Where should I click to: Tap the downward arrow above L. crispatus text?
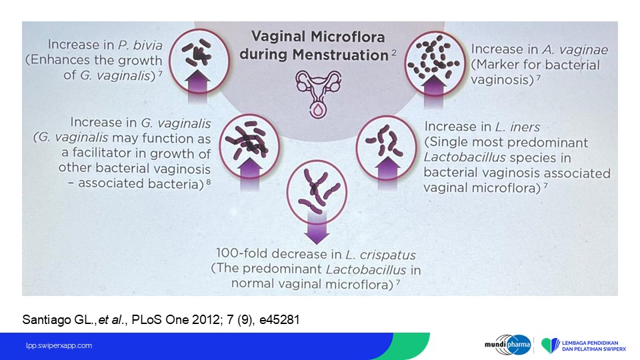(317, 229)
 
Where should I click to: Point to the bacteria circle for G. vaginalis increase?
(249, 146)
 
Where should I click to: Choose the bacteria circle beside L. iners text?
(386, 148)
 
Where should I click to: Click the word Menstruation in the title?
(340, 55)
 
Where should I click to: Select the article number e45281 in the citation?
(279, 319)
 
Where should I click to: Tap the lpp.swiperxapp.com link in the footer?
(59, 346)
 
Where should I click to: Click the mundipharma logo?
(508, 345)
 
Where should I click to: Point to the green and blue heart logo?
(551, 345)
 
